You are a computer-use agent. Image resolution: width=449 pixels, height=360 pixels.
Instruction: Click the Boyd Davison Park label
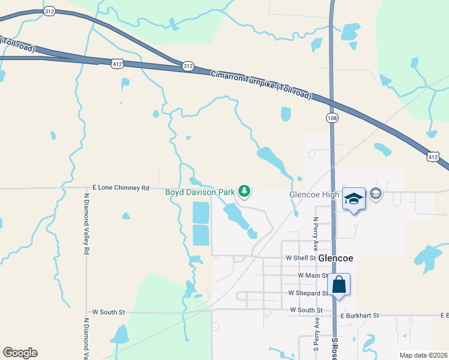pyautogui.click(x=200, y=192)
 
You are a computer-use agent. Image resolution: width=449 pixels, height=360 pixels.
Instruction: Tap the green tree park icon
pyautogui.click(x=244, y=191)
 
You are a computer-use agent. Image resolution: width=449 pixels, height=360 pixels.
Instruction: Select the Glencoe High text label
pyautogui.click(x=315, y=195)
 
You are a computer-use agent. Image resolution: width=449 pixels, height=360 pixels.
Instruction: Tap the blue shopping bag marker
pyautogui.click(x=339, y=284)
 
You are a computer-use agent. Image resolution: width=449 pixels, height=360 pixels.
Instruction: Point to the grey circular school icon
pyautogui.click(x=376, y=193)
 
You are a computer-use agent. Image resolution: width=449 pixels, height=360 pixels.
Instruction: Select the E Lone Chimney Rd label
pyautogui.click(x=121, y=187)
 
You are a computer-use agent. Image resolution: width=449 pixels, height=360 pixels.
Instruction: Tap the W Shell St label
pyautogui.click(x=300, y=258)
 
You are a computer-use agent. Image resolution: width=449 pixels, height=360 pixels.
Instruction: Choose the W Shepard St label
pyautogui.click(x=308, y=293)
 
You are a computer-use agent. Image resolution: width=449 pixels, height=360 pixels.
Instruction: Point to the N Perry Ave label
pyautogui.click(x=315, y=233)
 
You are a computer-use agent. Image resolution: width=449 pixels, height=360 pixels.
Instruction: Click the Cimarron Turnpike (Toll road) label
pyautogui.click(x=261, y=84)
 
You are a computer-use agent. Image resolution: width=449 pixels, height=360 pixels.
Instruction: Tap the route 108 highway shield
pyautogui.click(x=332, y=118)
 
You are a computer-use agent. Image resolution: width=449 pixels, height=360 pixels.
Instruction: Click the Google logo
pyautogui.click(x=20, y=353)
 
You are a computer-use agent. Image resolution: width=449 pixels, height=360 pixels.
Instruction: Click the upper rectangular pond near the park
pyautogui.click(x=201, y=212)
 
